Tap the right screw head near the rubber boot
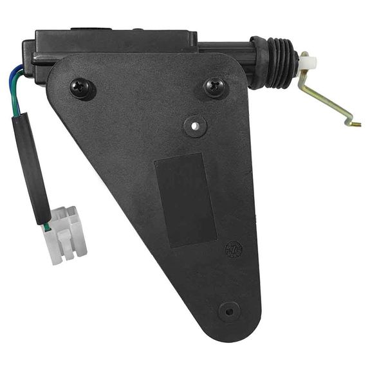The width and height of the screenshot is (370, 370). point(216,86)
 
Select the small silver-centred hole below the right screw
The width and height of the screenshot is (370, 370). point(194,125)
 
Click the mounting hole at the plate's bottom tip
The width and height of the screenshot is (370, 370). point(228,311)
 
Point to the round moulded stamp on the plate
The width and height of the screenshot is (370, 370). point(234,249)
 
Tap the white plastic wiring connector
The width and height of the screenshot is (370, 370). point(66,235)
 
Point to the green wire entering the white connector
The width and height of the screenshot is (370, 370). point(46,226)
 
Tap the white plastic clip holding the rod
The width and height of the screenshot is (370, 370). point(307,62)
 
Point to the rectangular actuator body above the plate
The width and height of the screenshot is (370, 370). point(116,42)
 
